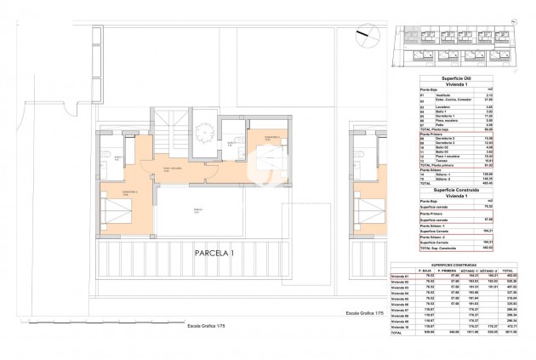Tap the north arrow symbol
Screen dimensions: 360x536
[x=364, y=36]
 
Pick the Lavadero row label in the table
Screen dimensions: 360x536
[x=434, y=106]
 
